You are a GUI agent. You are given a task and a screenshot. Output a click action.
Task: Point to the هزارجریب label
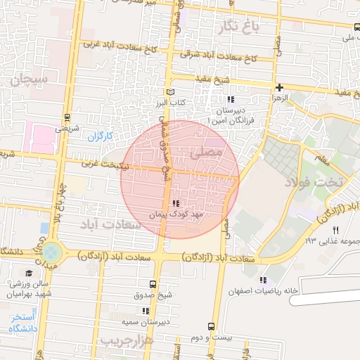pyautogui.click(x=127, y=340)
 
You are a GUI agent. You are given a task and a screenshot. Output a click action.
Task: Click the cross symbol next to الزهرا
pyautogui.click(x=280, y=88)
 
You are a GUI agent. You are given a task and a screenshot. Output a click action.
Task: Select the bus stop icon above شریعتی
pyautogui.click(x=67, y=117)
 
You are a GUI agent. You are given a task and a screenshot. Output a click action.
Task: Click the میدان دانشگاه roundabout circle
pyautogui.click(x=51, y=252)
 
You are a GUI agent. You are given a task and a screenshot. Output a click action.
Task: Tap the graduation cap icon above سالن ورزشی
pyautogui.click(x=29, y=274)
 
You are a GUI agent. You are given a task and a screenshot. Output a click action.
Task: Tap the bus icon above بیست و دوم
pyautogui.click(x=212, y=326)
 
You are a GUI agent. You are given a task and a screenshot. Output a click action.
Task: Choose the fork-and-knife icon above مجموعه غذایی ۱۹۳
pyautogui.click(x=335, y=230)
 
